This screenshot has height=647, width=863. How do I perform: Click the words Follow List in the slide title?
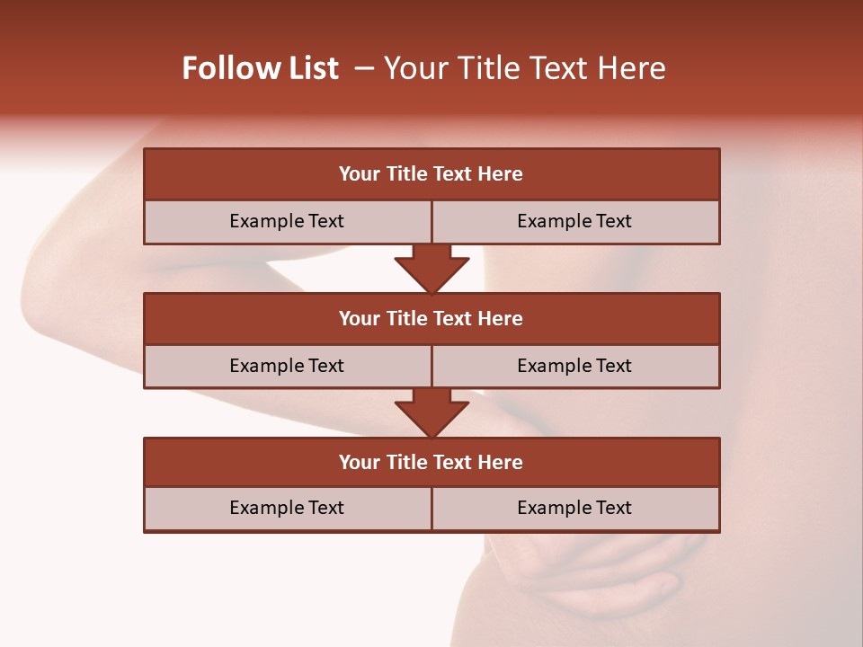260,68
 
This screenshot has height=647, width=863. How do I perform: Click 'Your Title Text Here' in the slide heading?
525,68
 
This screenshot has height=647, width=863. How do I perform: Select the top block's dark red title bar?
431,174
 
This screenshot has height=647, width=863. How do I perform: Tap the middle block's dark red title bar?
431,318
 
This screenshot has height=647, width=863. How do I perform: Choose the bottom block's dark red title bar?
431,462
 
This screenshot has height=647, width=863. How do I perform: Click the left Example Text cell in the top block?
287,221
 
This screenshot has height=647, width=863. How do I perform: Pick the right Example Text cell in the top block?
574,221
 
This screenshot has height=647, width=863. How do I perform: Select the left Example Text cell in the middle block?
287,366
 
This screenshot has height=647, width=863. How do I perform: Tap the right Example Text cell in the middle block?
574,366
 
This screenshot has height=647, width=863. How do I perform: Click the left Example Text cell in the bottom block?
287,508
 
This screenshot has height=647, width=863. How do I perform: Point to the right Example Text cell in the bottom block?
574,508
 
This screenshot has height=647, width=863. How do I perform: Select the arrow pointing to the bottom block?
431,412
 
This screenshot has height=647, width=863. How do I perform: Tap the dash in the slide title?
364,68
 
